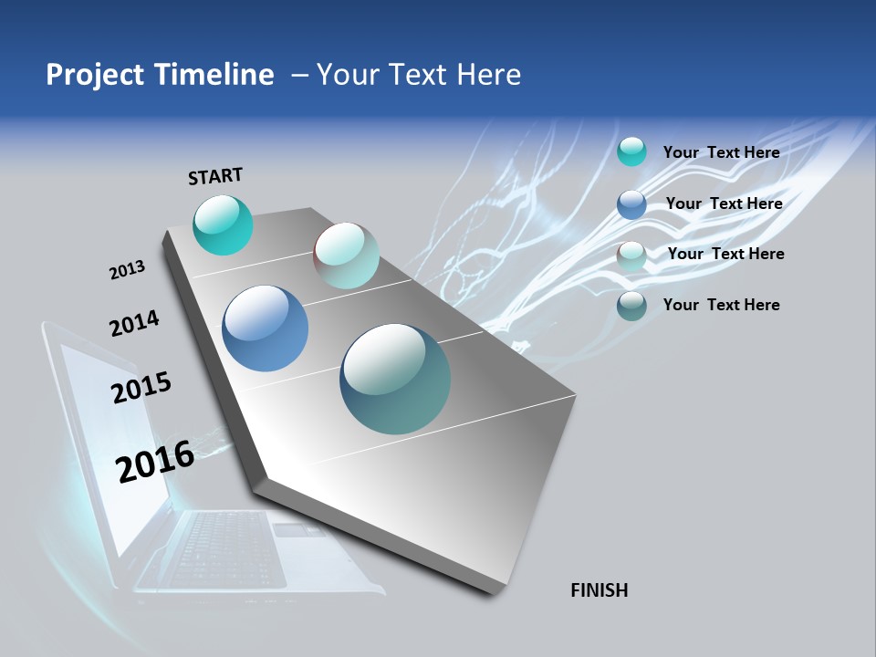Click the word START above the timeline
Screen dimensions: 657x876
click(x=215, y=176)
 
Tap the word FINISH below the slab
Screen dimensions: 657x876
click(x=599, y=590)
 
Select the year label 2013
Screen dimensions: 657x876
click(x=127, y=270)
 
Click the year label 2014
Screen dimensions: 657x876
click(x=134, y=323)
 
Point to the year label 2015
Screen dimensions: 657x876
click(x=141, y=387)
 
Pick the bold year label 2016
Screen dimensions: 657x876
click(x=155, y=461)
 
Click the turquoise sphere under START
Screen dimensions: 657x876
click(x=223, y=224)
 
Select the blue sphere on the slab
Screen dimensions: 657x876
click(x=265, y=328)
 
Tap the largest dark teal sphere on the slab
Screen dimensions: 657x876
click(x=395, y=379)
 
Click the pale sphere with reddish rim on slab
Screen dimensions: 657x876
click(x=346, y=255)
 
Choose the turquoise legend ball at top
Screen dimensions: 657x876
click(x=631, y=151)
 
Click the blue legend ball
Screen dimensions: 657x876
click(x=631, y=204)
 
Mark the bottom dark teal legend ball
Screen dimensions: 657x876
click(x=631, y=306)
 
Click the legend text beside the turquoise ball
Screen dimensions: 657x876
click(x=721, y=152)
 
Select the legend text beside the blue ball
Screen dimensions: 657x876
click(x=724, y=203)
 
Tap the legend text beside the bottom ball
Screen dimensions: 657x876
click(x=721, y=305)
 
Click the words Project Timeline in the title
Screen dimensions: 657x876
click(x=160, y=75)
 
